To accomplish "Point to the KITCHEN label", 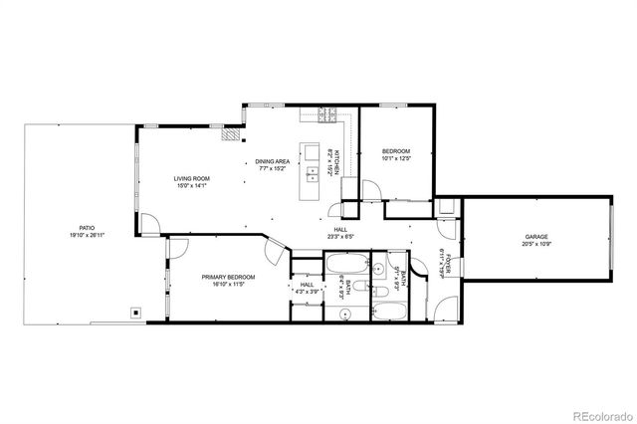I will click(337, 158).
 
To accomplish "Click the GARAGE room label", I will click(536, 236).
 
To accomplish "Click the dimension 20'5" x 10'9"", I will click(536, 243).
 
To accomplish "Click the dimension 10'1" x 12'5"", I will click(396, 157).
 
